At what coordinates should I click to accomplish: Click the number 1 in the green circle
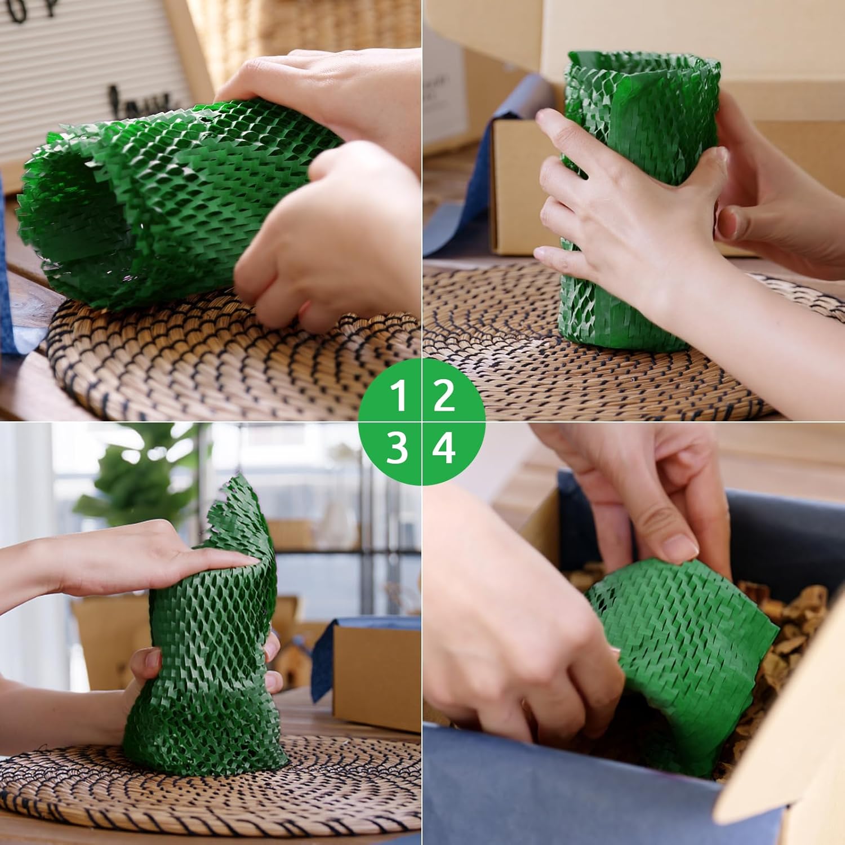tap(398, 395)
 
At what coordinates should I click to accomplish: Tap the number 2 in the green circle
tap(444, 395)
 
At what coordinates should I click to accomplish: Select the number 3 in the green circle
tap(398, 449)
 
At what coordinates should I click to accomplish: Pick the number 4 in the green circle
tap(444, 449)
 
